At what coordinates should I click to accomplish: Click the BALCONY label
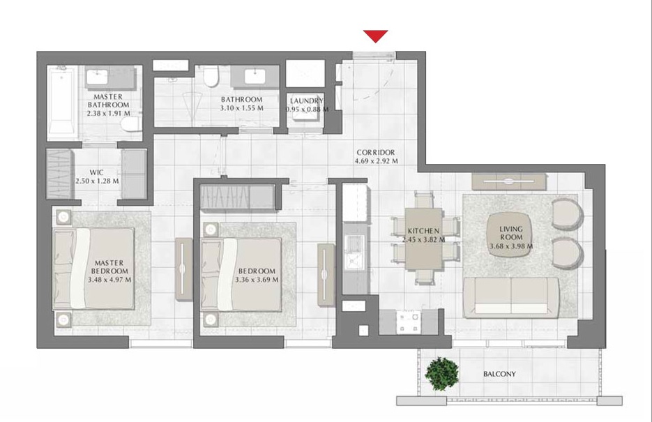499,375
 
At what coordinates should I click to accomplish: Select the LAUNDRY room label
306,100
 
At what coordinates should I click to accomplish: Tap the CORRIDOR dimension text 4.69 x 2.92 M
376,161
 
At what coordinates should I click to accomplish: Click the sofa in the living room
511,296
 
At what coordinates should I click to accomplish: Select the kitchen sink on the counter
353,250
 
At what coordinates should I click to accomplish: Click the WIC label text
97,171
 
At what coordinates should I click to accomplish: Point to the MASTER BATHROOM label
108,100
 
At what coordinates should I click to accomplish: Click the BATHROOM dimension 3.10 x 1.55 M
241,108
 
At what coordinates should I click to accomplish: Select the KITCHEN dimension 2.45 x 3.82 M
423,239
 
